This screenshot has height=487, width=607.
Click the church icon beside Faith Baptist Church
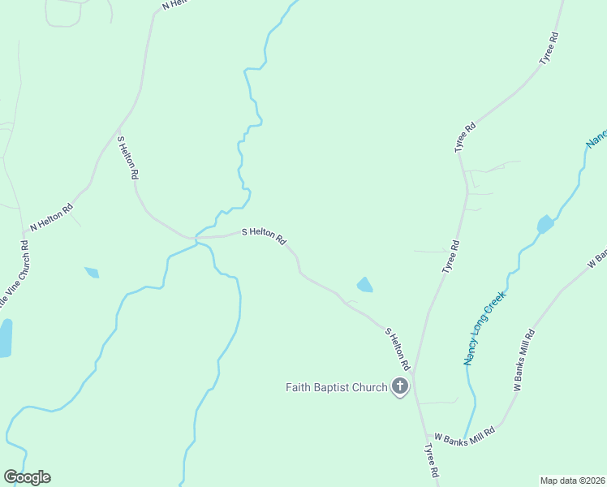[400, 386]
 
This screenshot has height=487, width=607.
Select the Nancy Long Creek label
[484, 328]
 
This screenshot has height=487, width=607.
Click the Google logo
[27, 477]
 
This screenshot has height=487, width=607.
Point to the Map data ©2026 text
[572, 481]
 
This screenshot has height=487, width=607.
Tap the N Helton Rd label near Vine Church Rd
[51, 216]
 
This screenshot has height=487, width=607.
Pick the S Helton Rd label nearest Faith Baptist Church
[398, 350]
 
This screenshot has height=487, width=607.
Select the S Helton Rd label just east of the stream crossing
[265, 235]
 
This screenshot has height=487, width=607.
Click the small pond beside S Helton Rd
[365, 285]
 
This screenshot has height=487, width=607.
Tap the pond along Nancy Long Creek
[545, 224]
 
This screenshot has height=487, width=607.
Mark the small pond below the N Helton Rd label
[92, 273]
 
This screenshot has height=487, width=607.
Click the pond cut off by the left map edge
[5, 338]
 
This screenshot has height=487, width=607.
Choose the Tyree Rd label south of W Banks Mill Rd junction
[432, 459]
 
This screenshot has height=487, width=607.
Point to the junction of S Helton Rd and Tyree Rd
[413, 376]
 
